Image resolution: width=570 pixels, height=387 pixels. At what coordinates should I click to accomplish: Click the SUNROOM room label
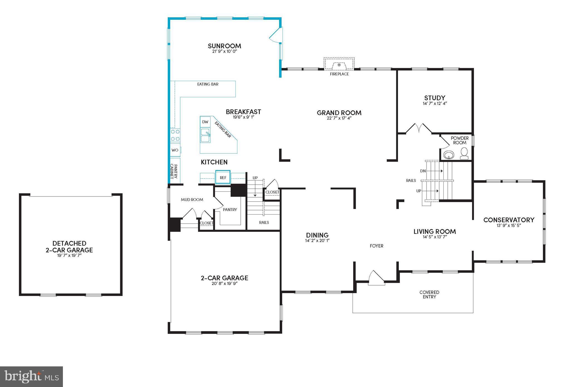[x=224, y=46]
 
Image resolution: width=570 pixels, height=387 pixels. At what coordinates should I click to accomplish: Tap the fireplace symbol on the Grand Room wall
[x=339, y=65]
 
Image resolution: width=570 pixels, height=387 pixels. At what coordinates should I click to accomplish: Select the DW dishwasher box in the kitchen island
[x=205, y=122]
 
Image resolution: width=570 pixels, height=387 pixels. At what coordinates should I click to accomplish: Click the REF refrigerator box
[x=223, y=177]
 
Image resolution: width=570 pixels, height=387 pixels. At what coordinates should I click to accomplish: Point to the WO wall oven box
[x=175, y=150]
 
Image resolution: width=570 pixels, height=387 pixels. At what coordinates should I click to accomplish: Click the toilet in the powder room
[x=464, y=153]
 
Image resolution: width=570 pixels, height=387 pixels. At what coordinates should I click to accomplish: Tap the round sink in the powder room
[x=448, y=155]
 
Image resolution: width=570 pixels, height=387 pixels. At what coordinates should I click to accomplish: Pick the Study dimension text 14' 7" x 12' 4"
[x=435, y=103]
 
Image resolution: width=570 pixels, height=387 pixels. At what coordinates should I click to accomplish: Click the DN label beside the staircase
[x=423, y=171]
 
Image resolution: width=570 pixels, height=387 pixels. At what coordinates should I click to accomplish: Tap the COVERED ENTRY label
[x=429, y=294]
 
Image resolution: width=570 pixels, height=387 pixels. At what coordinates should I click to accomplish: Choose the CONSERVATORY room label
[x=508, y=220]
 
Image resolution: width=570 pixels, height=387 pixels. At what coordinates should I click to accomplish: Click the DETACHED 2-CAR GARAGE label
[x=69, y=247]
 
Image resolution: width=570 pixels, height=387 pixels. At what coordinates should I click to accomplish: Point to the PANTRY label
[x=230, y=210]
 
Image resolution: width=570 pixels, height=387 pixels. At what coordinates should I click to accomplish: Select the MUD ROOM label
[x=192, y=199]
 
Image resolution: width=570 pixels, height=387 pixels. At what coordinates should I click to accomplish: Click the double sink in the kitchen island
[x=205, y=135]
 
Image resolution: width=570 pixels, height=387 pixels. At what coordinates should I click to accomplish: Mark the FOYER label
[x=376, y=246]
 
